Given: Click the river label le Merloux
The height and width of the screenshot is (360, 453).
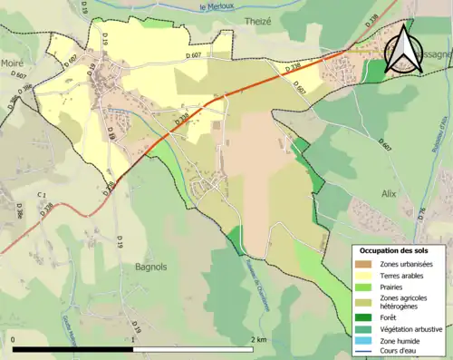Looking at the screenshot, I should [x=217, y=6].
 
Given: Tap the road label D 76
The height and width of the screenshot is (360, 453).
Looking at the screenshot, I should [x=421, y=213].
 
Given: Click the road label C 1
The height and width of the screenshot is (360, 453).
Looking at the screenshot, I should [x=42, y=195].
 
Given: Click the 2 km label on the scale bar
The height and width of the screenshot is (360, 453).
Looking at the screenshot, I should [x=259, y=340].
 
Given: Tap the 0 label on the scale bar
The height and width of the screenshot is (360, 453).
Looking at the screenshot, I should [x=14, y=340].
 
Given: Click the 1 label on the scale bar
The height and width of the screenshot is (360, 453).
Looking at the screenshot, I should [x=134, y=340].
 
